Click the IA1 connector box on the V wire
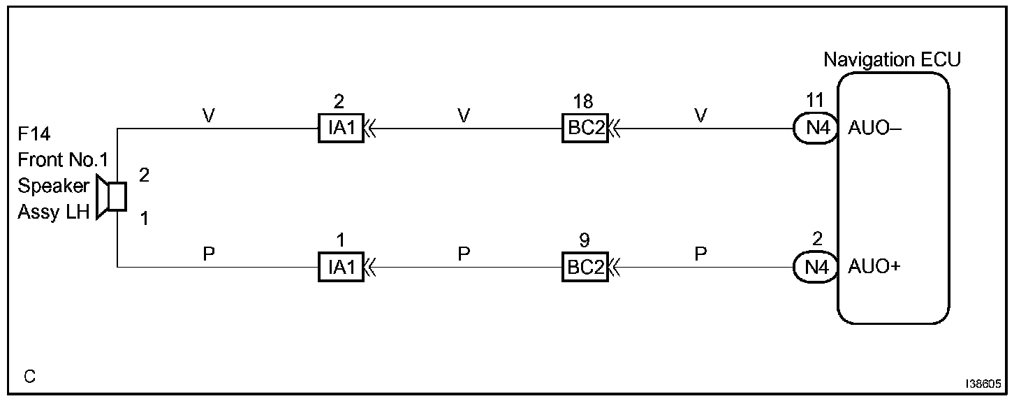(x=341, y=129)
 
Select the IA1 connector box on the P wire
(x=341, y=268)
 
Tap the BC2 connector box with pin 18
(x=585, y=129)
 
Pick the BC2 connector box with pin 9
(x=585, y=268)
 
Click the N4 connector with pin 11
(x=815, y=129)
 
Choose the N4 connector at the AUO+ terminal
(x=815, y=268)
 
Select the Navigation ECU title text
(x=892, y=60)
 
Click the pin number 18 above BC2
(x=583, y=102)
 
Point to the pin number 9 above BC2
(x=585, y=241)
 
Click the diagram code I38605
(x=984, y=384)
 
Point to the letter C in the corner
(x=29, y=377)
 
